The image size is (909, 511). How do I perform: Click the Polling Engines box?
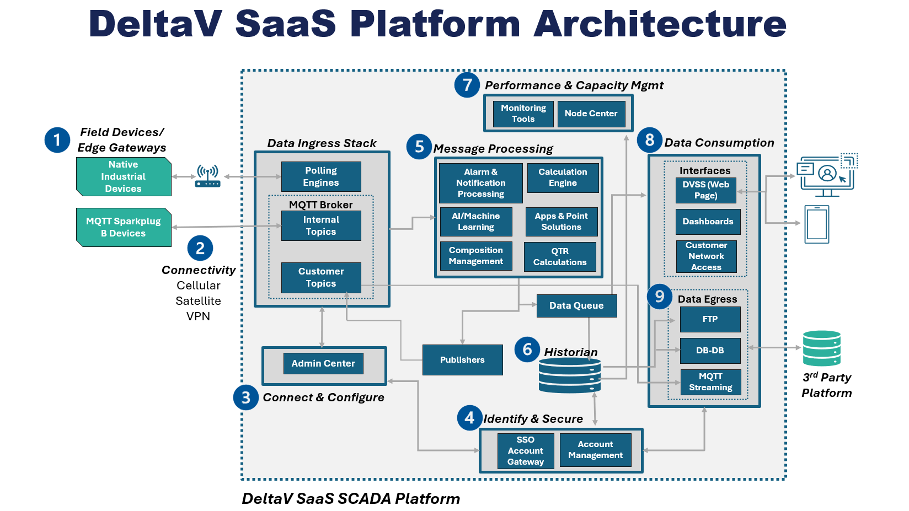coord(321,176)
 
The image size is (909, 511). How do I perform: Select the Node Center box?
coord(591,114)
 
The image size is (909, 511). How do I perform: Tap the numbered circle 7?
coord(467,85)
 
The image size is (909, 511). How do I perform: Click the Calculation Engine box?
coord(563,177)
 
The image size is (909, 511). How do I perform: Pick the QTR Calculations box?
coord(560,257)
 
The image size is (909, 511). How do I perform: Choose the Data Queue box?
coord(576,305)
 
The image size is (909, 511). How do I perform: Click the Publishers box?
coord(462,360)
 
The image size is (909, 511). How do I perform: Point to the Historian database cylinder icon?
coord(570,375)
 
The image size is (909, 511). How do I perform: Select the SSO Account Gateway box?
coord(526,451)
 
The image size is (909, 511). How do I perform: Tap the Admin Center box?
coord(323,364)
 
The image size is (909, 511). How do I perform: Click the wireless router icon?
coord(208,176)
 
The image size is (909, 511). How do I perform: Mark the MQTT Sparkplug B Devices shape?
coord(124,227)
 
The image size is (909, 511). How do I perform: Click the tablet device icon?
coord(817,224)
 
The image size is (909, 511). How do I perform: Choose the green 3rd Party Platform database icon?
coord(822,348)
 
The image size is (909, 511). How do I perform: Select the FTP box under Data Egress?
coord(710,319)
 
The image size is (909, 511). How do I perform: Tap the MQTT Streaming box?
coord(710,382)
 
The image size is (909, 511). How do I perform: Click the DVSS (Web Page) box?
coord(706,190)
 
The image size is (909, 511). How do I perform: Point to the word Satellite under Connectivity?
coord(198,301)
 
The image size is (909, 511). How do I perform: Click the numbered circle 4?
coord(469,418)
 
